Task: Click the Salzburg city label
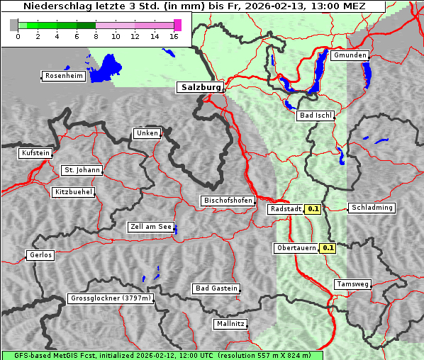[200, 87]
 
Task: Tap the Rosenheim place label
[62, 76]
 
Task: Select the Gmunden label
[350, 55]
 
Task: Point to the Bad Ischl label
[316, 116]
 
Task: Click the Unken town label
[147, 133]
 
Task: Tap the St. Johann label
[82, 170]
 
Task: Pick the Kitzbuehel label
[74, 192]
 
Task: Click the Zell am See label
[150, 227]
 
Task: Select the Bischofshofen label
[228, 201]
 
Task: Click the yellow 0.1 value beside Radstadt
[313, 209]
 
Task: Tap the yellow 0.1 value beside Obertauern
[328, 248]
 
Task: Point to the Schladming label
[372, 208]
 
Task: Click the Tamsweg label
[352, 284]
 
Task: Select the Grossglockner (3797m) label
[111, 299]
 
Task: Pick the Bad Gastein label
[216, 288]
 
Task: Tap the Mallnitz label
[230, 324]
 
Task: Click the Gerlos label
[40, 255]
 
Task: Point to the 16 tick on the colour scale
[174, 35]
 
